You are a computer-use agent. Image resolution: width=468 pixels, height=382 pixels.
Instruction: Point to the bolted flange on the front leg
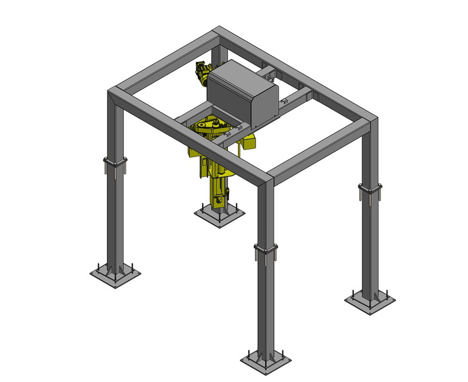266,249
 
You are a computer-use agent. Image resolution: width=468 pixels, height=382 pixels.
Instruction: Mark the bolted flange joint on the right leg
370,190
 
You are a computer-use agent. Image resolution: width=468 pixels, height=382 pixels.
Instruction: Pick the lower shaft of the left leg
115,221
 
